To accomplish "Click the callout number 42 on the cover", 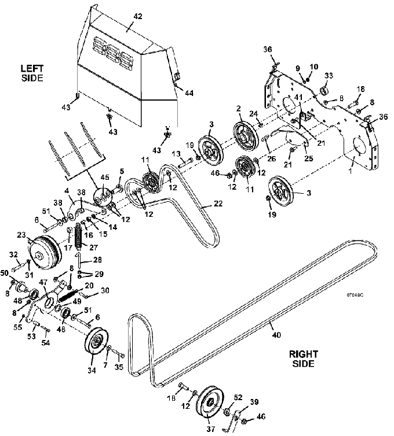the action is [x=138, y=16].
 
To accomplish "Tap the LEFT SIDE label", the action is [x=32, y=73].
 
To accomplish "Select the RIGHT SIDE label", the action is [x=304, y=359].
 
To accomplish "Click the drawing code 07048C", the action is [x=355, y=295].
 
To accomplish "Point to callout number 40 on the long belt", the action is [x=276, y=335].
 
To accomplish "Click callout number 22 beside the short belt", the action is [x=218, y=204].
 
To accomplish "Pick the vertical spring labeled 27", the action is [x=79, y=238].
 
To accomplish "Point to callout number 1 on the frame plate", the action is [x=351, y=171].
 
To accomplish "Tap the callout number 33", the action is [x=329, y=75].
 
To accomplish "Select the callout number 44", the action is [x=189, y=93].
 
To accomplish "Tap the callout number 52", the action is [x=238, y=397].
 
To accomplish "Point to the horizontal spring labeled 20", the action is [x=68, y=295].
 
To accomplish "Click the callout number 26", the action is [x=271, y=158].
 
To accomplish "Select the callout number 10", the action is [x=313, y=66].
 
